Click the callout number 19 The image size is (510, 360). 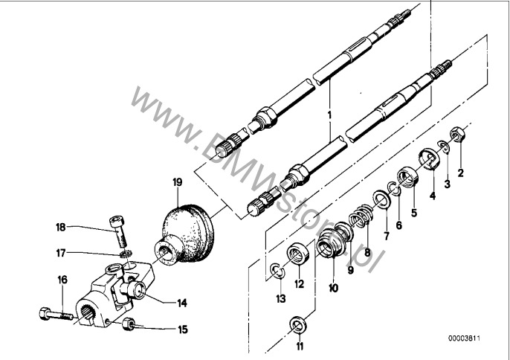pos(177,183)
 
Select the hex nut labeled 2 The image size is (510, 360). pos(457,134)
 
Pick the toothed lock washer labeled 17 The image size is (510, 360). pos(125,254)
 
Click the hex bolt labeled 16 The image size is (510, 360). pos(56,314)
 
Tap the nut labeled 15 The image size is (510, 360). pos(128,324)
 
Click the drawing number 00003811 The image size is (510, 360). pos(464,338)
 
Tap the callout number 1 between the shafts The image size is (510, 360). pos(329,115)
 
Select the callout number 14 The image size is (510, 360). pos(182,303)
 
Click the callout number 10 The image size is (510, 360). pos(333,288)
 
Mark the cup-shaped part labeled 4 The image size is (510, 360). pos(429,159)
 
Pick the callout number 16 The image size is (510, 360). pos(62,280)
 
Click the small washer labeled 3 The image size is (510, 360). pos(444,147)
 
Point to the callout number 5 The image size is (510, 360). pos(413,213)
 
